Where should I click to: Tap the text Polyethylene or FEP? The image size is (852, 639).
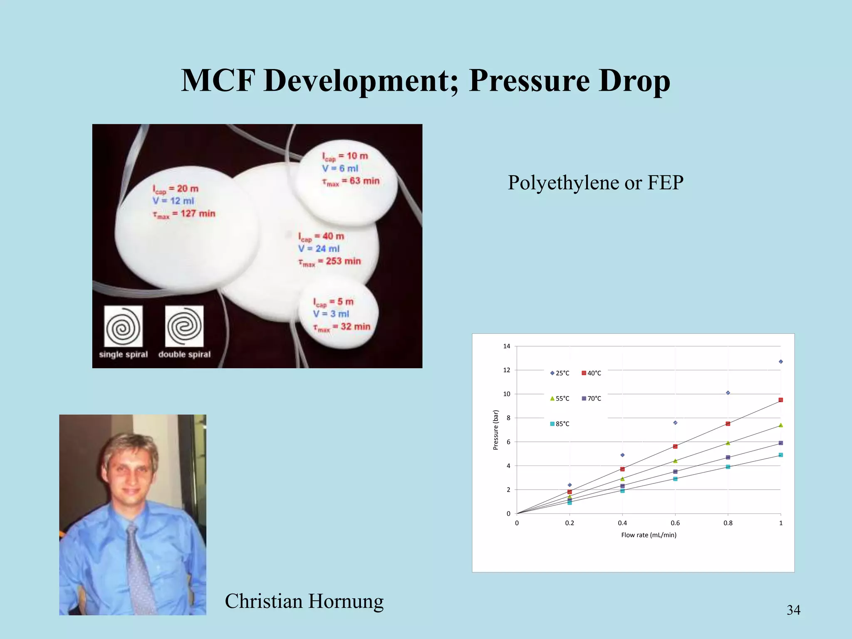click(x=595, y=183)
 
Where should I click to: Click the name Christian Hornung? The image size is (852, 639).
click(x=304, y=601)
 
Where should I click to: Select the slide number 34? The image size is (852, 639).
click(x=793, y=610)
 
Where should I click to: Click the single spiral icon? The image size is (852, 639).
click(x=123, y=327)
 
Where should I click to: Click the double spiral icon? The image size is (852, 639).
click(x=184, y=327)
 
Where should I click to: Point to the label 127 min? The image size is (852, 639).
click(x=198, y=213)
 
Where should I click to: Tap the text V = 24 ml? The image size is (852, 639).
click(x=319, y=249)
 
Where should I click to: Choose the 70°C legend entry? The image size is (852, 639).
click(x=591, y=399)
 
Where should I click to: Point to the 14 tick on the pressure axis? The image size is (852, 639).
click(x=506, y=346)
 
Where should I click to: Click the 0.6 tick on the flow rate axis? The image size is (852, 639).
click(x=675, y=523)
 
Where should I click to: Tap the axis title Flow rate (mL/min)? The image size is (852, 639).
click(x=649, y=535)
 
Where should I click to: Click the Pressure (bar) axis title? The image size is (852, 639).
click(x=495, y=430)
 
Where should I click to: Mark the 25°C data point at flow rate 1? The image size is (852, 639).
click(x=781, y=362)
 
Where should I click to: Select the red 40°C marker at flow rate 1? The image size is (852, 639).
click(x=781, y=400)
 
